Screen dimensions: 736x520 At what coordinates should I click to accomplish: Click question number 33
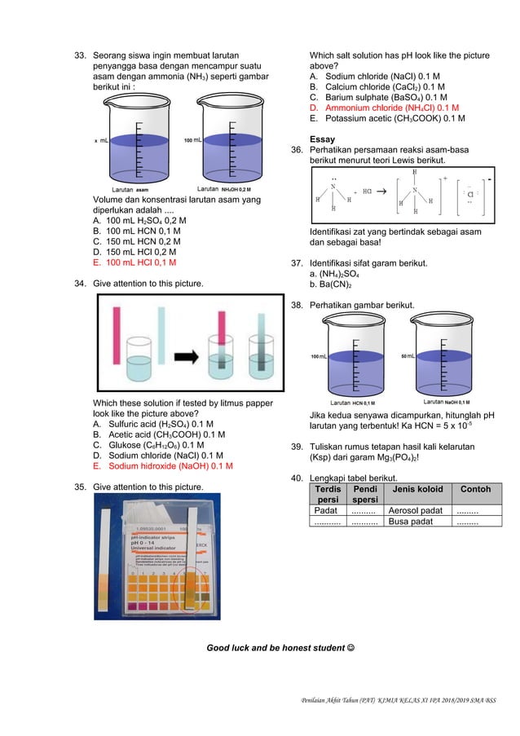point(81,56)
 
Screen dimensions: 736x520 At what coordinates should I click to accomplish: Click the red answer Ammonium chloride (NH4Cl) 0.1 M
point(385,108)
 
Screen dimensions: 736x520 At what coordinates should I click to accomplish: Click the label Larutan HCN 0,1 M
point(353,403)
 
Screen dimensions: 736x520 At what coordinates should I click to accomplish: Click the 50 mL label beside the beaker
point(410,357)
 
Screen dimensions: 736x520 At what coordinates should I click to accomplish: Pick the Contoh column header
point(476,490)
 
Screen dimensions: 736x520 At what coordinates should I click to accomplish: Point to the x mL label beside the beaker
point(101,140)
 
